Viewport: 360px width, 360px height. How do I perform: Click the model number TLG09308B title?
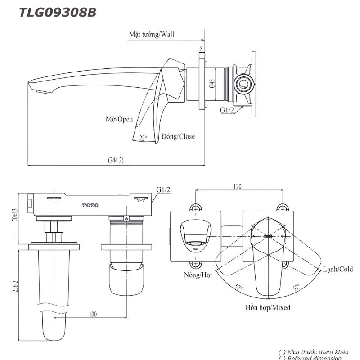click(57, 12)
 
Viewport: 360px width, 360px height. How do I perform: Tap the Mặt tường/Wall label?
click(151, 34)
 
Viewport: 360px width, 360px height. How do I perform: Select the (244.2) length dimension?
click(116, 160)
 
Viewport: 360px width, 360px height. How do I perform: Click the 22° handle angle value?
click(143, 138)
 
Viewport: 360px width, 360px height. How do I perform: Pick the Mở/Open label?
click(119, 119)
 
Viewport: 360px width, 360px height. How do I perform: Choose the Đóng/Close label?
click(179, 136)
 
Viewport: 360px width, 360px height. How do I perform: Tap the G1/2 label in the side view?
click(226, 110)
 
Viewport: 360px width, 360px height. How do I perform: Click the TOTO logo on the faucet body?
click(90, 205)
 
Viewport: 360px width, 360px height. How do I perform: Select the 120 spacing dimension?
click(238, 186)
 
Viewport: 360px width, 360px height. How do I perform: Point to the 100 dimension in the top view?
click(93, 314)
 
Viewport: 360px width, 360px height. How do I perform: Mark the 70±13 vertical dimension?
click(14, 218)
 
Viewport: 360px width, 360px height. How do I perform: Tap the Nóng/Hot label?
click(198, 275)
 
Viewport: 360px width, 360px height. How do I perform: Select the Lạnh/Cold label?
click(338, 269)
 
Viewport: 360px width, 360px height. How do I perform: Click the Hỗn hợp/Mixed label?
click(268, 308)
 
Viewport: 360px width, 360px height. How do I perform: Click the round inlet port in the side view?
click(244, 84)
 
